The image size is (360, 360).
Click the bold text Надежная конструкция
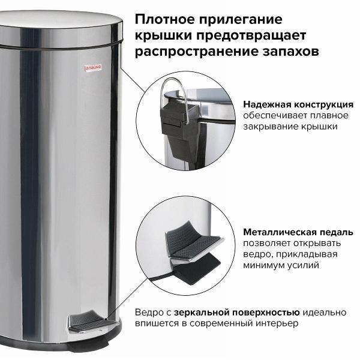tap(298, 104)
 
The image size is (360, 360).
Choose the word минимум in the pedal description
tap(265, 265)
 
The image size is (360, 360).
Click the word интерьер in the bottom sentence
tap(278, 324)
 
